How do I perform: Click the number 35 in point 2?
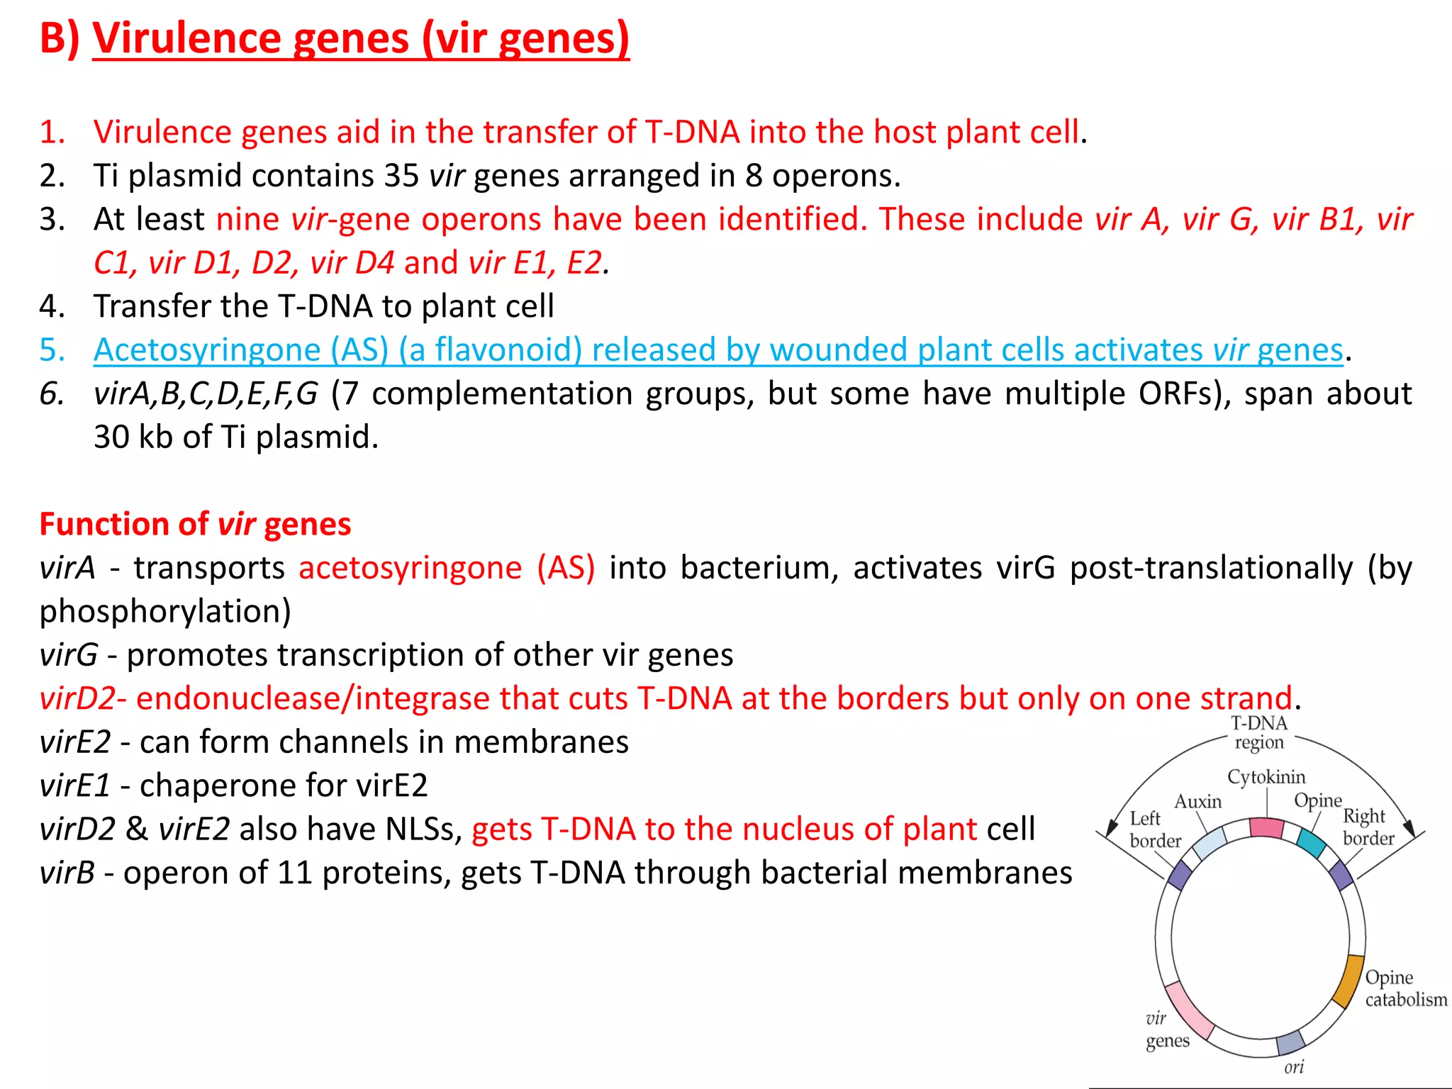[x=401, y=176]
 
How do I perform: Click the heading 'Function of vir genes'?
[x=195, y=525]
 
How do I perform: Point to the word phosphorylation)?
[x=165, y=612]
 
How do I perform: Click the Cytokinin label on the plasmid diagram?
[x=1266, y=777]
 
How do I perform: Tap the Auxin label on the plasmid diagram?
[x=1198, y=802]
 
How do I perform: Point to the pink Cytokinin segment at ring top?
[x=1266, y=827]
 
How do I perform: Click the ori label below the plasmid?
[x=1294, y=1067]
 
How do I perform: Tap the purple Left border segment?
[x=1180, y=875]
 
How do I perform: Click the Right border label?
[x=1368, y=827]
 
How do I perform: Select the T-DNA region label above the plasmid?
[x=1259, y=732]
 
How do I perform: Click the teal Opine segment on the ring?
[x=1311, y=842]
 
